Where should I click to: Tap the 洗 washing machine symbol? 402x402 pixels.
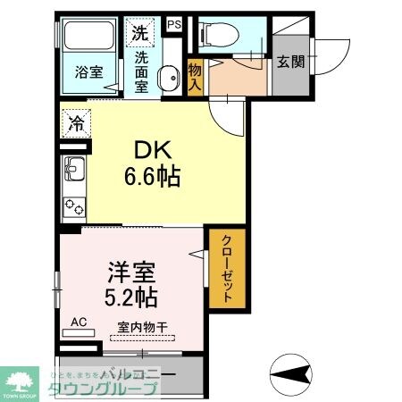tap(139, 34)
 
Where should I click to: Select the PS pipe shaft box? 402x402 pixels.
tap(174, 24)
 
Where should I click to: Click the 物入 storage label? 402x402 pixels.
tap(196, 75)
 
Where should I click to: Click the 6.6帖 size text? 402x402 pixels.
tap(153, 177)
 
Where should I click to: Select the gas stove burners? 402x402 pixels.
tap(73, 206)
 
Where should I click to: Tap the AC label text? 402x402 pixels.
tap(78, 322)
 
